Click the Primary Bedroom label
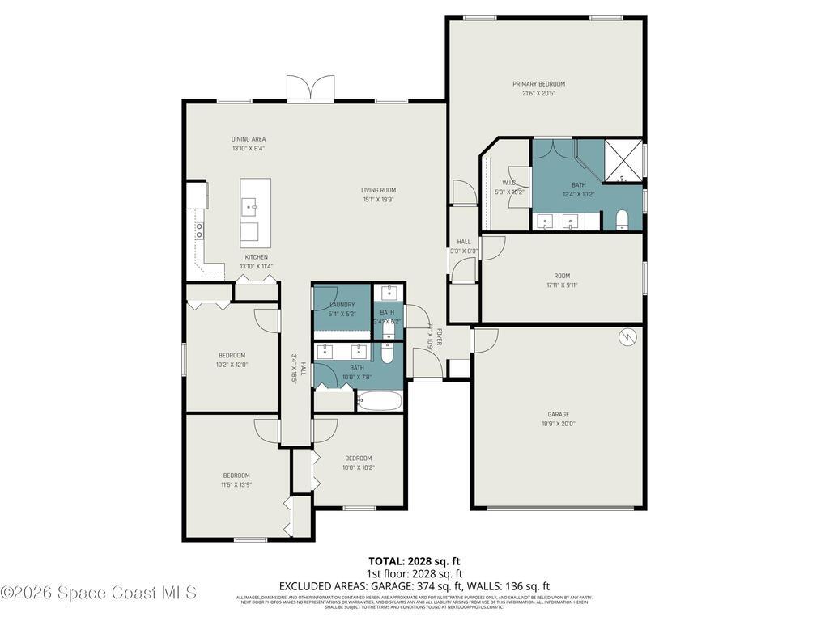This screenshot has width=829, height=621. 538,84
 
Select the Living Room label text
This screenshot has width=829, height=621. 378,191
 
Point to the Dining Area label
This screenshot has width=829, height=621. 249,139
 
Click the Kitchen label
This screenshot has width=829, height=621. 256,257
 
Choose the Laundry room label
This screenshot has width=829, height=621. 342,305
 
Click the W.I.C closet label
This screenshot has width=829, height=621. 508,183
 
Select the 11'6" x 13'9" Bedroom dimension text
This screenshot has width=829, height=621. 236,484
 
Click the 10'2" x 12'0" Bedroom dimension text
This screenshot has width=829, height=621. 232,365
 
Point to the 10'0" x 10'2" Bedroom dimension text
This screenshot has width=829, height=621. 358,467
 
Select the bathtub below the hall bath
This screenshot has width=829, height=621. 379,401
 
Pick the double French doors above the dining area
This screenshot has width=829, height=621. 310,88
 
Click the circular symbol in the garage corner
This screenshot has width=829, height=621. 626,336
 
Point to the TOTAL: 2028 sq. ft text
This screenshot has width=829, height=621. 414,561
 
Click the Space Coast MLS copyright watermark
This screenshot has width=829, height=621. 99,593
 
